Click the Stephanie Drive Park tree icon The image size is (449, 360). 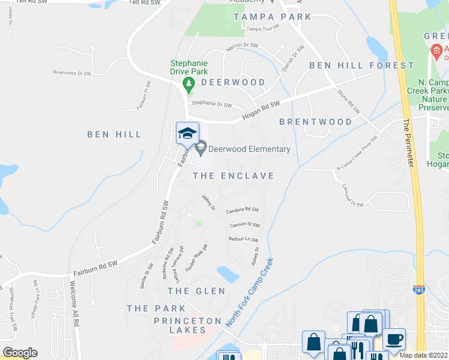pyautogui.click(x=189, y=82)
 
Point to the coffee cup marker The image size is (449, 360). pyautogui.click(x=394, y=340)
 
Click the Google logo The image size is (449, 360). pyautogui.click(x=20, y=353)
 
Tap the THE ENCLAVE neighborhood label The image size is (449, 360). pyautogui.click(x=234, y=176)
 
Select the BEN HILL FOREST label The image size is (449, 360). pyautogui.click(x=361, y=65)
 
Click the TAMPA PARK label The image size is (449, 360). pyautogui.click(x=273, y=17)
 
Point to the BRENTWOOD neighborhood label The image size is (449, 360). pyautogui.click(x=316, y=122)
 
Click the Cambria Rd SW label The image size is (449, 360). pyautogui.click(x=243, y=211)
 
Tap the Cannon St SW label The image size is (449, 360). pyautogui.click(x=245, y=226)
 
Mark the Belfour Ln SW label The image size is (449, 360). pyautogui.click(x=243, y=239)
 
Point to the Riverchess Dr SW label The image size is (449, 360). pyautogui.click(x=71, y=73)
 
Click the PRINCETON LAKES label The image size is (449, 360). pyautogui.click(x=188, y=325)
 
